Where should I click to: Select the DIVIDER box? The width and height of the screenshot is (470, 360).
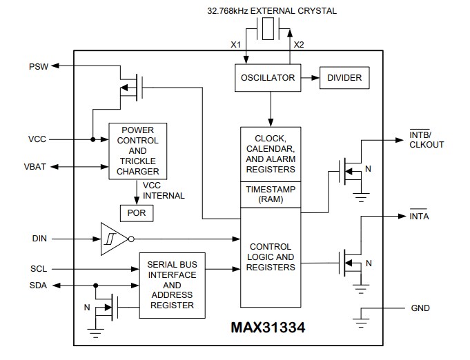(344, 78)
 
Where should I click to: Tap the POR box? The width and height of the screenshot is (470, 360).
(137, 213)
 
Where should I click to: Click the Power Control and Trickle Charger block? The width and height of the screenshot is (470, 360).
(138, 151)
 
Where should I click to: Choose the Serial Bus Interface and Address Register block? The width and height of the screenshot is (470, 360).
(172, 284)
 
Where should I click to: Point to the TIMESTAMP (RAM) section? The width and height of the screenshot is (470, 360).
(269, 194)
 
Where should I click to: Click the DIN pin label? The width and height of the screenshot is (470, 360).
(39, 239)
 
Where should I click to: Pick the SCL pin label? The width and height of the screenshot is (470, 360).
(39, 269)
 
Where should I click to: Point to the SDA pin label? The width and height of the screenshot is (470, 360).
(39, 285)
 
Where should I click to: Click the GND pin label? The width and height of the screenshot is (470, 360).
(420, 308)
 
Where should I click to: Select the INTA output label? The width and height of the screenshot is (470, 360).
(420, 217)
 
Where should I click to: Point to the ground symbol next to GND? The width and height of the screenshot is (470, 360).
(360, 318)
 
